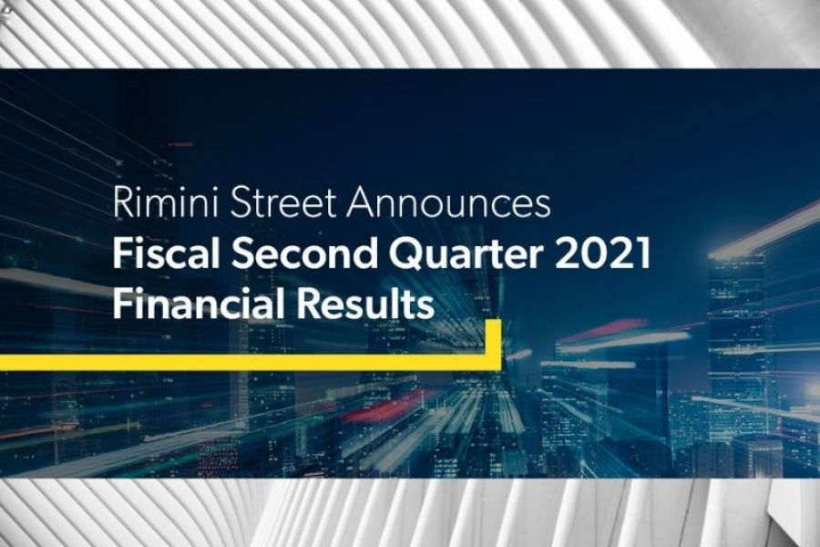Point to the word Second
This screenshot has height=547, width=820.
304,253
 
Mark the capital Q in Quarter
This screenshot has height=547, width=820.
405,255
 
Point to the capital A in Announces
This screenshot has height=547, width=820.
360,202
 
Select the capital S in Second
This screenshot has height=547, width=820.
242,253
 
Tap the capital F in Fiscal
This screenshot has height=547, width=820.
122,253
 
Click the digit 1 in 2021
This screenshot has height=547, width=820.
643,253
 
